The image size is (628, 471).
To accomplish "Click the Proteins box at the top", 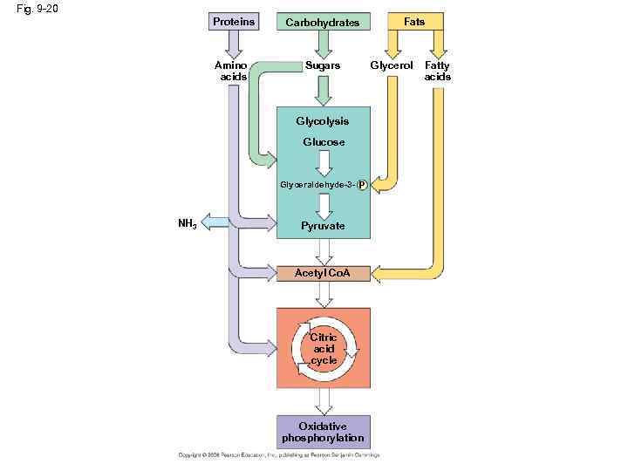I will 234,21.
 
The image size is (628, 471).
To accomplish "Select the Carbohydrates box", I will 323,22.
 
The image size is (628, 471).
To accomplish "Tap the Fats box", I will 414,21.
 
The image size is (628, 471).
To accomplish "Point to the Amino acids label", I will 233,71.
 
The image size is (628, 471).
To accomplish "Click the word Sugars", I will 323,66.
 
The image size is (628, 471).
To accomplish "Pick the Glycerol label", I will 392,66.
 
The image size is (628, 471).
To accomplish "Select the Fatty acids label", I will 437,71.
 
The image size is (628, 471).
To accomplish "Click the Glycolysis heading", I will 323,121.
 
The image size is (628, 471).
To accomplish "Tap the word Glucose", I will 324,142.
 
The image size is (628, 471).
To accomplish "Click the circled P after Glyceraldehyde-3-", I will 362,185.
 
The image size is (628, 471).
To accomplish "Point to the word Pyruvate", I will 324,226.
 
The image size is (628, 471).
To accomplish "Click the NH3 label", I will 187,223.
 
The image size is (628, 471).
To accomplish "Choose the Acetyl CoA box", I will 323,274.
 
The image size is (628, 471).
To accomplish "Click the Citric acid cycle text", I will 324,349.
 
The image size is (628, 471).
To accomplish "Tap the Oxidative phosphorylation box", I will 323,433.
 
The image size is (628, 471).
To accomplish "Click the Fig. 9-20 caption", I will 37,10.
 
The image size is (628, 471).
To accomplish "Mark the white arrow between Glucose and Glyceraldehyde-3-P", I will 324,163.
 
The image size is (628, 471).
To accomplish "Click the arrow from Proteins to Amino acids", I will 234,44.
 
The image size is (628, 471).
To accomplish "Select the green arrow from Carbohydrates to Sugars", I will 324,44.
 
